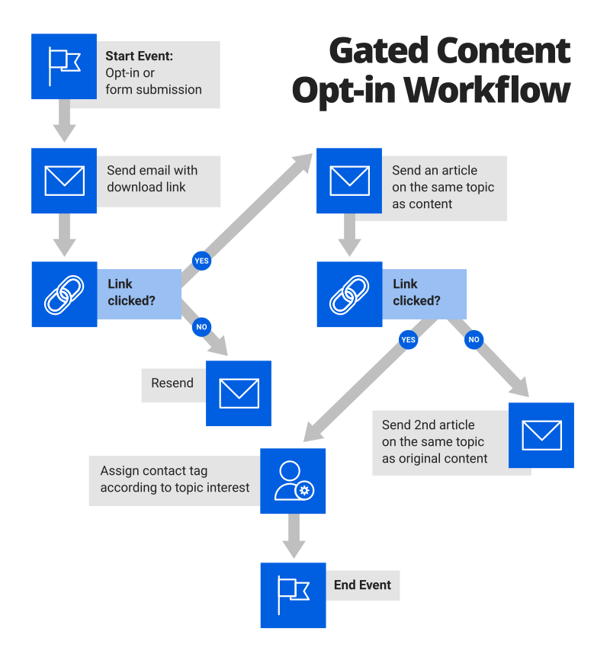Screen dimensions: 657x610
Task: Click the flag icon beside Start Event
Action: [64, 66]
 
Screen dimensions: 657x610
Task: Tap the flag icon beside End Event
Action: [293, 595]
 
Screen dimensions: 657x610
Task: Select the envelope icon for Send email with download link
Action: [64, 181]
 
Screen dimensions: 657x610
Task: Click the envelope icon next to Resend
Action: [239, 393]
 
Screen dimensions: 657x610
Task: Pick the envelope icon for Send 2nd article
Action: [541, 435]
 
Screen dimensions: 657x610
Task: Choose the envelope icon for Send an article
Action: [349, 181]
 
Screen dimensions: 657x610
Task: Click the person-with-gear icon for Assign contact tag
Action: [293, 481]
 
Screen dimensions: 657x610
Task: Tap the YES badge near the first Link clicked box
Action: [201, 261]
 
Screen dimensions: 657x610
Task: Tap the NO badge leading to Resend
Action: [201, 326]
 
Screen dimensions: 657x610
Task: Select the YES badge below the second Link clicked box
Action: [409, 339]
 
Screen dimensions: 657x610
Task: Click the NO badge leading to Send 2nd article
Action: [474, 339]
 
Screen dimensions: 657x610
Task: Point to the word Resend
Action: [172, 383]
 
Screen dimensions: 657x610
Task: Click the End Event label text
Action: [362, 585]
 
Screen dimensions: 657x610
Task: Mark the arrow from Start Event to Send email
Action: [64, 122]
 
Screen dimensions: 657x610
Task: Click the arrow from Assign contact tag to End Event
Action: [293, 537]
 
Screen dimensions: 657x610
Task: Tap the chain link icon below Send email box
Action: [64, 295]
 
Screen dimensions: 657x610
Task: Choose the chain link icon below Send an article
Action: [349, 295]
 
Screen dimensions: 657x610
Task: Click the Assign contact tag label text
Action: [175, 479]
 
